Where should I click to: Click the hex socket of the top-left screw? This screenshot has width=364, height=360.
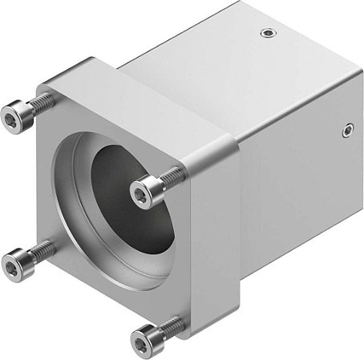click(10, 117)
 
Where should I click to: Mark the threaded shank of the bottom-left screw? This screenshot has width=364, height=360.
click(42, 250)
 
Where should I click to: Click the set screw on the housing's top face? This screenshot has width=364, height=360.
click(266, 34)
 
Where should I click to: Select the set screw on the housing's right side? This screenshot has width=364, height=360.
click(347, 127)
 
